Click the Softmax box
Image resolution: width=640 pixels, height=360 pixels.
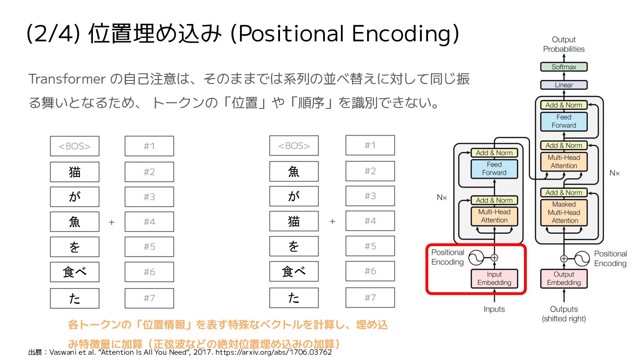point(564,67)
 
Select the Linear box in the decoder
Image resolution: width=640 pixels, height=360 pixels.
point(564,85)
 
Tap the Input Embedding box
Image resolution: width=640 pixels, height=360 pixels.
point(494,279)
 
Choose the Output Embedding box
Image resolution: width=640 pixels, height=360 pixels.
point(564,279)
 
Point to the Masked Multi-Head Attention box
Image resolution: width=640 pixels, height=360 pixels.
point(564,212)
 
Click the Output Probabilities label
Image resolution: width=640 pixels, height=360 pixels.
point(564,44)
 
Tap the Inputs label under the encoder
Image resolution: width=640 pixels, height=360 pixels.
point(494,309)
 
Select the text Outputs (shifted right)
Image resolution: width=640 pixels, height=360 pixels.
point(564,314)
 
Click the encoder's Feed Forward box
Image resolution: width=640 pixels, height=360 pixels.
point(494,168)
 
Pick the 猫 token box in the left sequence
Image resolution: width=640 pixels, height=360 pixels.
point(74,172)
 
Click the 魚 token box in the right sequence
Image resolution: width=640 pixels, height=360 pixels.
point(294,172)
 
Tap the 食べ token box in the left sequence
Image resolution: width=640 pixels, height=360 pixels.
point(74,272)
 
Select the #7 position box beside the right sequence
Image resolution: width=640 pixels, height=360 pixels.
point(370,297)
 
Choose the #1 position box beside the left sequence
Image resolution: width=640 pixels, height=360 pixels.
point(149,146)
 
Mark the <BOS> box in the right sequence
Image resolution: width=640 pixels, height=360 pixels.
point(294,146)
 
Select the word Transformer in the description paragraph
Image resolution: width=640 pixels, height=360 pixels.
point(67,79)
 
